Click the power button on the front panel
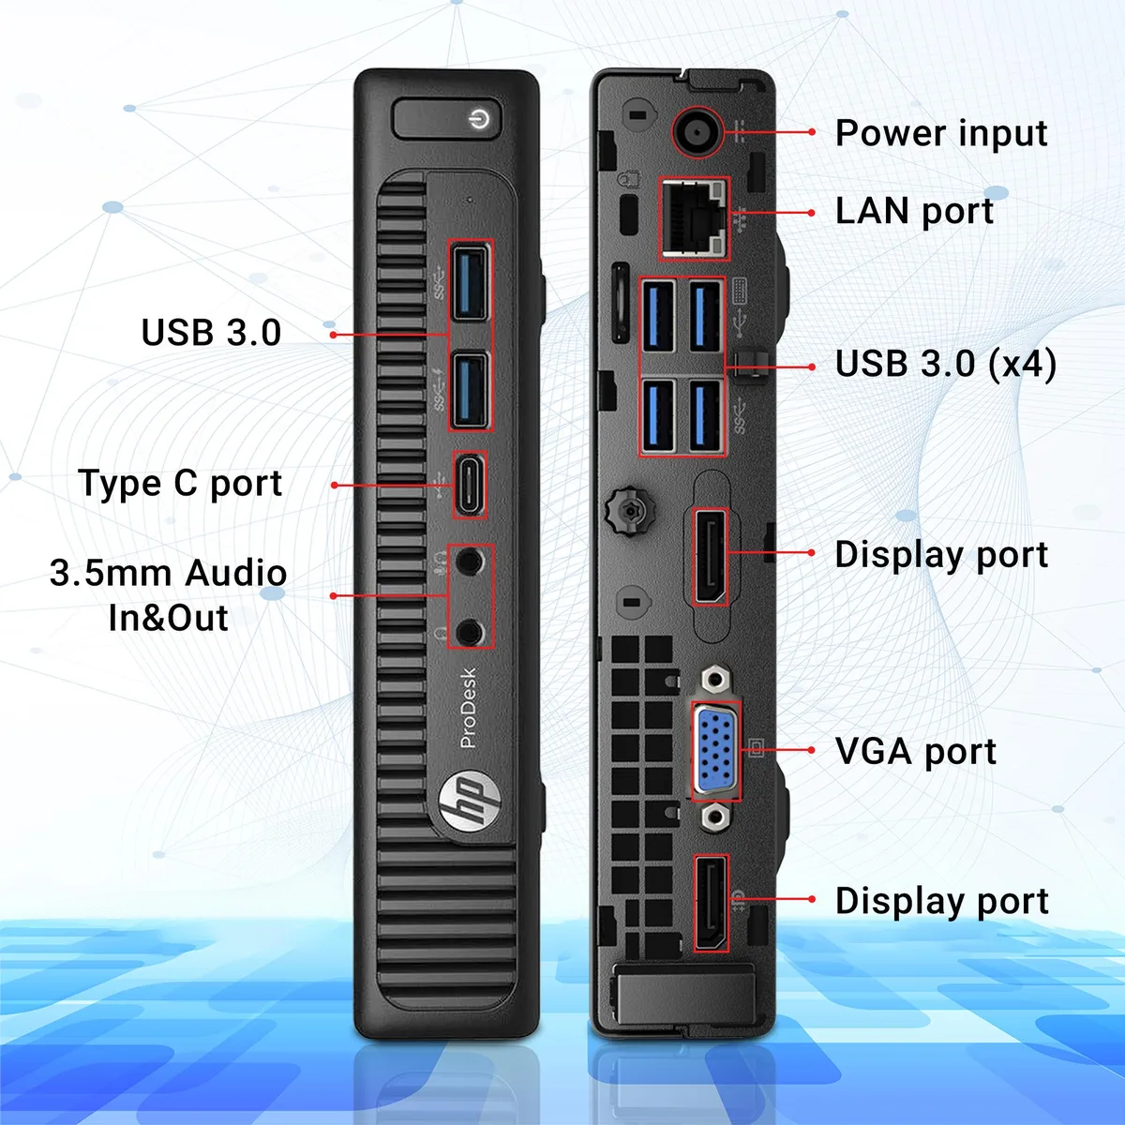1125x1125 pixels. [x=447, y=119]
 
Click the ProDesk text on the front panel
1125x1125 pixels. [x=468, y=708]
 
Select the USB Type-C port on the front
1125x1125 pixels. [x=470, y=485]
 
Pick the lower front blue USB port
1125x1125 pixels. [x=470, y=391]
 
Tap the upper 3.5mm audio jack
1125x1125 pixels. [x=470, y=562]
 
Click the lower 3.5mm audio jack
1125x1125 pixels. [x=470, y=632]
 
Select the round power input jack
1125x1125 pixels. [x=697, y=132]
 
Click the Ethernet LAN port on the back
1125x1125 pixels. [x=694, y=218]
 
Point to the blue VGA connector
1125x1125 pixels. [x=715, y=750]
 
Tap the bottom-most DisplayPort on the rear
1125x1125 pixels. [x=711, y=903]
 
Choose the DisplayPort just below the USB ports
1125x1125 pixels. [x=710, y=556]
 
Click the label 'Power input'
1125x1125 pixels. [x=941, y=134]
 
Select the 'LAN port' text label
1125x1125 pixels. [x=914, y=211]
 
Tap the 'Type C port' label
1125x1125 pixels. [x=180, y=484]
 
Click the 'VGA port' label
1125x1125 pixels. [x=915, y=751]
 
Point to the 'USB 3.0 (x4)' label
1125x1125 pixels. [x=946, y=364]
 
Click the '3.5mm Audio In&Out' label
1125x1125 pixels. [x=168, y=595]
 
